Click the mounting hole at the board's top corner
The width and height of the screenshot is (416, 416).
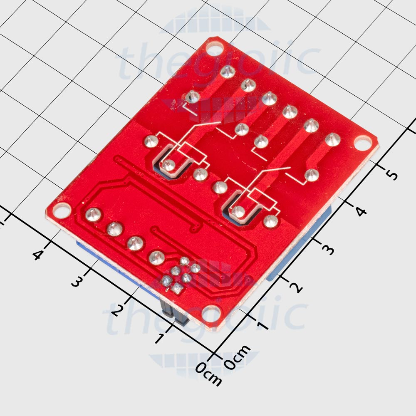click(215, 49)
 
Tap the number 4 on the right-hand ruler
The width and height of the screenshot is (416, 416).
click(361, 210)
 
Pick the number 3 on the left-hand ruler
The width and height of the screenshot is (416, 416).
click(77, 282)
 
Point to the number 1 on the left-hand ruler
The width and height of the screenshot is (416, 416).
click(159, 338)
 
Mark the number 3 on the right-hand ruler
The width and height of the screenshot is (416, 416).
click(328, 250)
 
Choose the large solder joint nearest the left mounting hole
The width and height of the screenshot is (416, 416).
click(92, 215)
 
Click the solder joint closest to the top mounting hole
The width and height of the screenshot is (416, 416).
click(227, 72)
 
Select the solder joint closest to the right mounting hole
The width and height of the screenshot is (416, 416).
click(332, 139)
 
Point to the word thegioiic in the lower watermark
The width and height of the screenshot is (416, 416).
click(204, 316)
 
